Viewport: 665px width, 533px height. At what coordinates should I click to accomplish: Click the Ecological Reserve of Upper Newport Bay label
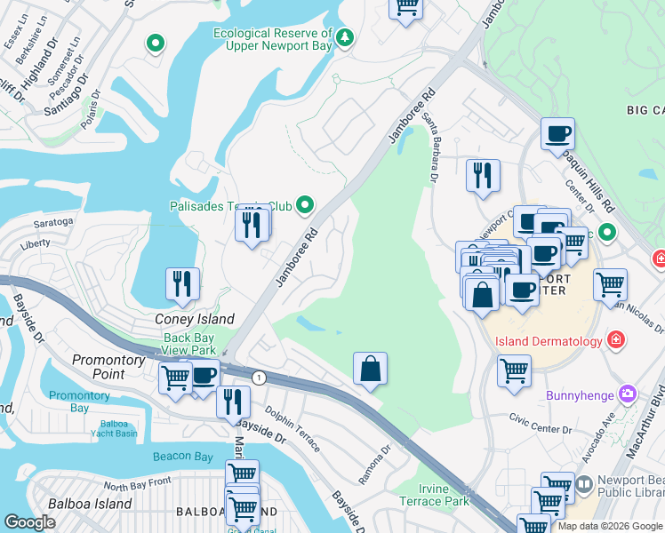tap(272, 40)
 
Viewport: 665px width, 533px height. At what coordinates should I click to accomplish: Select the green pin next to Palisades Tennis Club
tap(306, 206)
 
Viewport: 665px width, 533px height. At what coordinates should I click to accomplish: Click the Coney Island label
tap(195, 319)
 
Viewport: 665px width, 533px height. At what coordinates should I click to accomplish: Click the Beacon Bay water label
tap(183, 457)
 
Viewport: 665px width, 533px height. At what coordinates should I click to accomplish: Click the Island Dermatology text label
tap(542, 341)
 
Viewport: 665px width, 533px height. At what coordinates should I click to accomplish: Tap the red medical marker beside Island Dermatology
tap(614, 340)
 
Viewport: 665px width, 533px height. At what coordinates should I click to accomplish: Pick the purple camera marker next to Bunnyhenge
tap(629, 393)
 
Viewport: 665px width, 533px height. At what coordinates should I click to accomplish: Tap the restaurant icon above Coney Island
tap(182, 283)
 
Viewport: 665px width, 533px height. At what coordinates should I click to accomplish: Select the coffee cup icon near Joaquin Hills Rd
tap(557, 135)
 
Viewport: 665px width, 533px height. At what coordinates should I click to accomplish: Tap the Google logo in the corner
tap(30, 522)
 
